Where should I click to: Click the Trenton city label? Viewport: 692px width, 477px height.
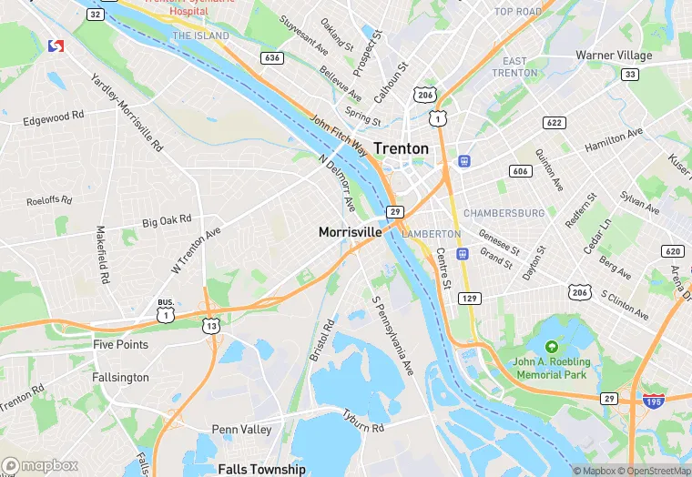[401, 148]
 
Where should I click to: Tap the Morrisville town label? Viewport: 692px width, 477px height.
[350, 232]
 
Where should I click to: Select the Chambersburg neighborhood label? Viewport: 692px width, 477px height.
[504, 213]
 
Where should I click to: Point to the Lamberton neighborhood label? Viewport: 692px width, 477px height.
[431, 234]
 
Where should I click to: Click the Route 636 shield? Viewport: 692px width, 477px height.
[270, 57]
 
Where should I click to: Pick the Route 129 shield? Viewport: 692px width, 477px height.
[470, 299]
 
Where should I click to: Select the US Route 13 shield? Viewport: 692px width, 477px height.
[210, 325]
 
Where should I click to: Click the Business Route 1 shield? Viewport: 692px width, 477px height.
[165, 312]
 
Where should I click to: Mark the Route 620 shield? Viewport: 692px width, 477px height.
[673, 251]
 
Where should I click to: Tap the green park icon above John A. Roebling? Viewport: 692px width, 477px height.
[551, 347]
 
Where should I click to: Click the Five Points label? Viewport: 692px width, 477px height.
[120, 345]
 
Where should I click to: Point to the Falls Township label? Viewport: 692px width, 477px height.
[261, 469]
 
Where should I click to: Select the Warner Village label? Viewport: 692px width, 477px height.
[614, 56]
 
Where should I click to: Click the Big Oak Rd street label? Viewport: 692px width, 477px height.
[167, 220]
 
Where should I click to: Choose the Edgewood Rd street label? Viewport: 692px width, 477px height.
[53, 118]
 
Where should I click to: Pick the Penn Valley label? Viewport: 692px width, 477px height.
[241, 429]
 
